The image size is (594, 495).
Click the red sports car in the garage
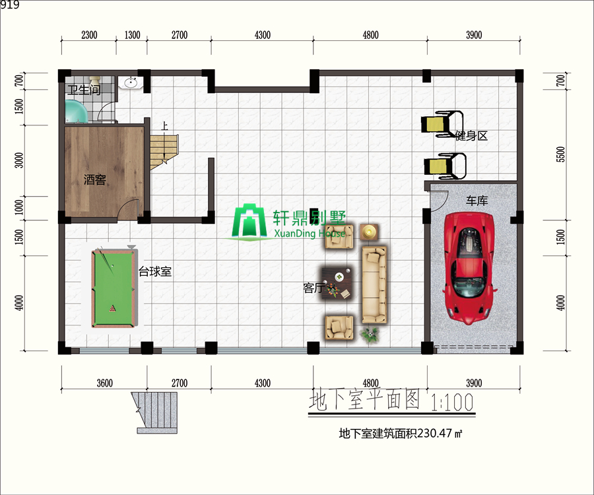click(469, 268)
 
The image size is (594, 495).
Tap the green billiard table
click(114, 288)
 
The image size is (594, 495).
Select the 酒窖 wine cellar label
click(94, 179)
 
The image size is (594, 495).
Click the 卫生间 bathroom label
click(84, 90)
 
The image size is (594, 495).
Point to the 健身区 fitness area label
click(471, 135)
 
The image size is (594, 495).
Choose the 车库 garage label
click(477, 201)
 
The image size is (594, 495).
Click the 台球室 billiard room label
click(155, 271)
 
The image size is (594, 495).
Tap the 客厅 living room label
click(313, 288)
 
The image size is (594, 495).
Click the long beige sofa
click(374, 284)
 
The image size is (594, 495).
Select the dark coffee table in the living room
click(337, 284)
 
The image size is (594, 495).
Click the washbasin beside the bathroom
click(131, 83)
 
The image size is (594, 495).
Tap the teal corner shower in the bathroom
click(76, 112)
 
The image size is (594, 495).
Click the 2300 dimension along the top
click(89, 35)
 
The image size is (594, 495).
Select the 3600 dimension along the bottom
click(104, 383)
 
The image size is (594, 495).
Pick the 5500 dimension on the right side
click(560, 154)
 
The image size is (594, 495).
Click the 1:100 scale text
click(452, 402)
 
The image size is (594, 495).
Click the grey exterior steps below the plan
click(155, 412)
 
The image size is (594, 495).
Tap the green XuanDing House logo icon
click(249, 222)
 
